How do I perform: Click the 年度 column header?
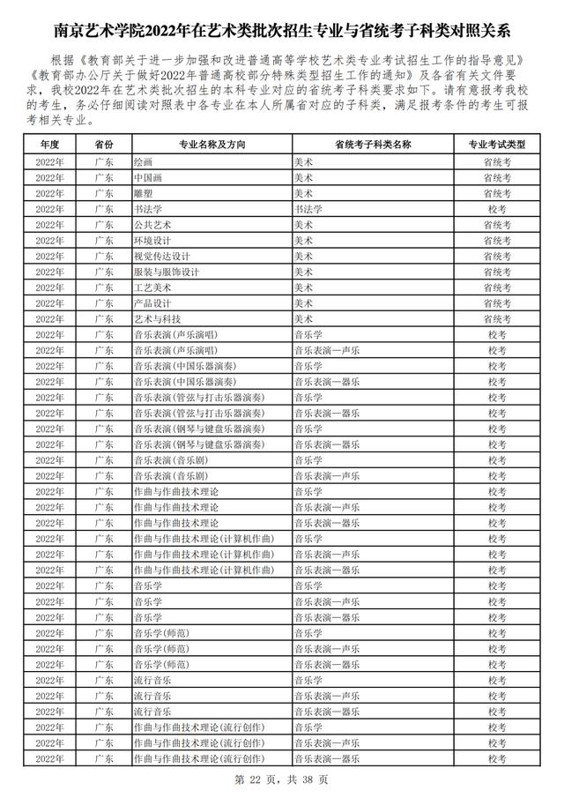49,143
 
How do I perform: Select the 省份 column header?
103,143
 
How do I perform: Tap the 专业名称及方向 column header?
211,143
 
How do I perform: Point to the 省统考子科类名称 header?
374,143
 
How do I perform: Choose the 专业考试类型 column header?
497,143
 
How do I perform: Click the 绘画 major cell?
143,161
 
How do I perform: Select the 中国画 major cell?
147,177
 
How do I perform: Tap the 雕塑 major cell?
143,193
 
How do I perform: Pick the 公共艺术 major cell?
152,224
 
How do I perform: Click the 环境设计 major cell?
152,240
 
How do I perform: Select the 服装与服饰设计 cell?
161,272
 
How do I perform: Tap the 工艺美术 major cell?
152,287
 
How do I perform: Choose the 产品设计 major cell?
152,303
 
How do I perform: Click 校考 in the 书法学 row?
497,209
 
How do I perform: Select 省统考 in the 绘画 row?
497,161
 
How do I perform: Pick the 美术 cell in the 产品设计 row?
303,303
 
